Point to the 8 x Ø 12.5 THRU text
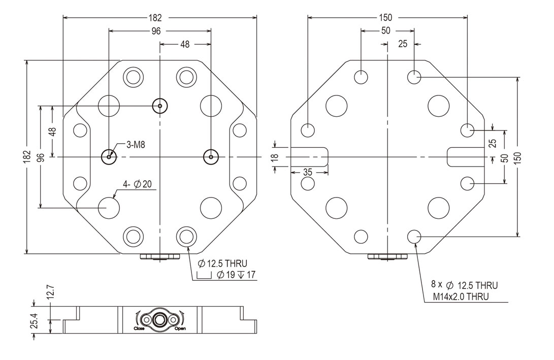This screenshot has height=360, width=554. click(x=464, y=285)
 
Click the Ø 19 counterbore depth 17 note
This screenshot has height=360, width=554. click(x=229, y=275)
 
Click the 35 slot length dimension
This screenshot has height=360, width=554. click(x=308, y=172)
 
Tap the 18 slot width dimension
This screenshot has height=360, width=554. click(x=275, y=157)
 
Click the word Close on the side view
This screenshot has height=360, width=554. click(x=139, y=329)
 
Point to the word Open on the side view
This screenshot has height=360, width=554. click(x=180, y=329)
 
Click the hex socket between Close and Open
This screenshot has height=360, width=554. click(x=160, y=320)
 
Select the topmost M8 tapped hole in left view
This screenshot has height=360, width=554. click(x=160, y=106)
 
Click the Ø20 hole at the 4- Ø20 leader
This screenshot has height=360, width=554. click(x=109, y=208)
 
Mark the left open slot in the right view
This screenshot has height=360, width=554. click(x=310, y=156)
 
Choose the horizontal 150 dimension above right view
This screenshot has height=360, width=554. click(x=387, y=17)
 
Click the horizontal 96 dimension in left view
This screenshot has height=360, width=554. click(x=156, y=30)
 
